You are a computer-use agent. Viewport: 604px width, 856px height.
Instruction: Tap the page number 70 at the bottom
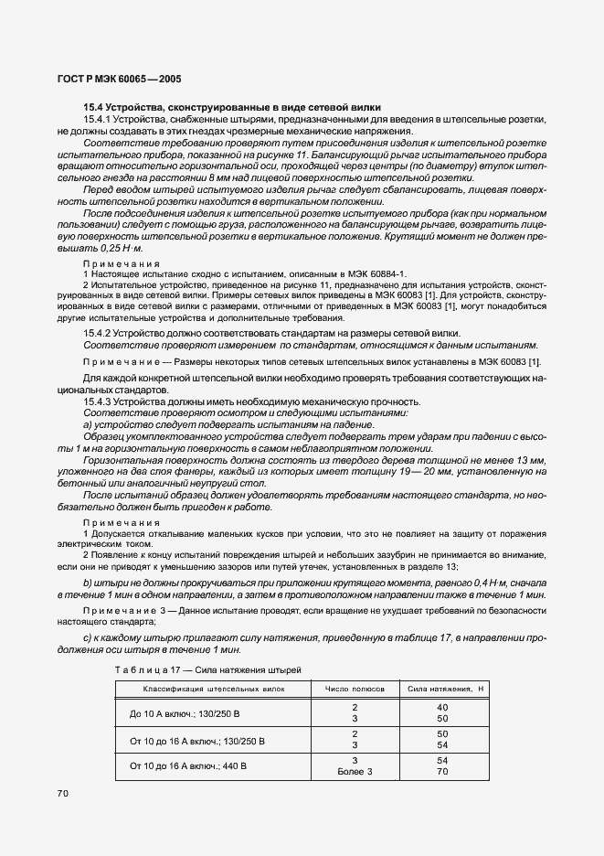click(x=63, y=793)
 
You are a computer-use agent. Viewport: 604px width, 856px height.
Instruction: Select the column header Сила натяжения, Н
click(x=443, y=687)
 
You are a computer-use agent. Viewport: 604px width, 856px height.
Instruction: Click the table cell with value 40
click(x=443, y=707)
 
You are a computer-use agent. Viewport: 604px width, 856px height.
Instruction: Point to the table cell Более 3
click(x=354, y=772)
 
